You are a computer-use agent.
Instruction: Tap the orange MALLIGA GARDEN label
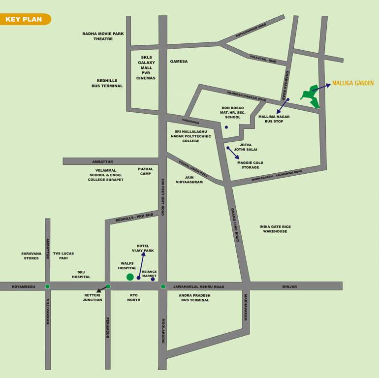click(352, 83)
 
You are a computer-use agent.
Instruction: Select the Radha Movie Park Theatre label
click(103, 36)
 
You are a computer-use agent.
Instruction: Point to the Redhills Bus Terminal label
click(107, 83)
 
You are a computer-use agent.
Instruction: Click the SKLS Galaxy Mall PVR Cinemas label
click(147, 68)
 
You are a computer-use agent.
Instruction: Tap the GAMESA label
click(179, 62)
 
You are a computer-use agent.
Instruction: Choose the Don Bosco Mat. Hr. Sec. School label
click(233, 113)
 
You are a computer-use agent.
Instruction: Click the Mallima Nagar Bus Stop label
click(274, 119)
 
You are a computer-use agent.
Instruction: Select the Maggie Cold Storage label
click(250, 165)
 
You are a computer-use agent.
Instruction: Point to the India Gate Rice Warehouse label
click(275, 229)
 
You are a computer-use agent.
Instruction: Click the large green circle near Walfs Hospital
click(130, 277)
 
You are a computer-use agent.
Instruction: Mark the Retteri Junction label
click(92, 297)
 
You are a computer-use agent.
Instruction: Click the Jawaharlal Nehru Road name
click(198, 286)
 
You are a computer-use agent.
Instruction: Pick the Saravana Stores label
click(31, 256)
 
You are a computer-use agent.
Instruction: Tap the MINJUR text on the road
click(289, 286)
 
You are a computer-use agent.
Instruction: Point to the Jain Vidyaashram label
click(187, 180)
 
